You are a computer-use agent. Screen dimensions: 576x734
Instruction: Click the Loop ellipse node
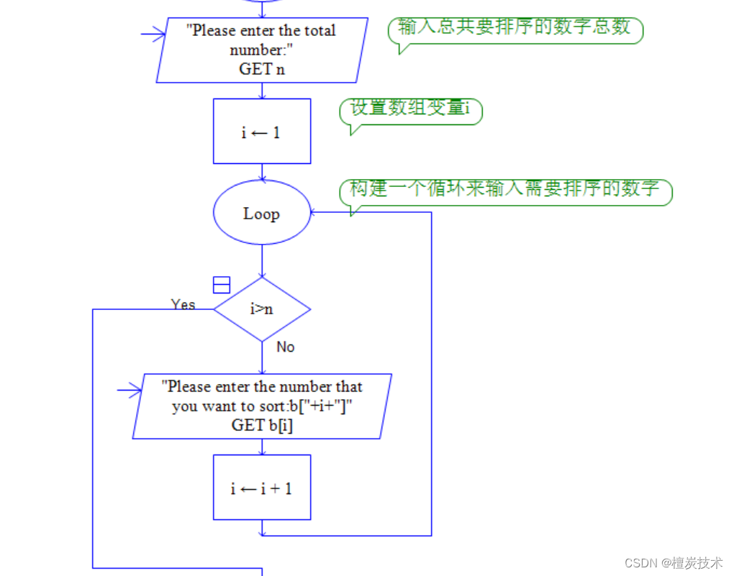262,213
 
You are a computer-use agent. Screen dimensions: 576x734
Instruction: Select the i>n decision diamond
262,309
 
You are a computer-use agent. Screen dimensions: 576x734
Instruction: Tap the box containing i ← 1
262,132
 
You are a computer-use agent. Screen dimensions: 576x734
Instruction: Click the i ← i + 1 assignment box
262,488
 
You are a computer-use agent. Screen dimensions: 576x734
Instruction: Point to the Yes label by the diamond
183,304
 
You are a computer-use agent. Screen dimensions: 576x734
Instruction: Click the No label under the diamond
286,347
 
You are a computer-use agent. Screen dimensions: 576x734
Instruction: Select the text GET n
261,69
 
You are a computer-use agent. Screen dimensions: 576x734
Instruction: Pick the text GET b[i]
262,425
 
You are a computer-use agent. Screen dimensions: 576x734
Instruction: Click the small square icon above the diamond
222,285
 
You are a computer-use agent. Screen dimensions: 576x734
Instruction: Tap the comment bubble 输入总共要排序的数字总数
515,29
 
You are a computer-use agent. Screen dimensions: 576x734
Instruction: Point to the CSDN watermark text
673,563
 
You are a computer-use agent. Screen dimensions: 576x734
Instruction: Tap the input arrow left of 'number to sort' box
130,390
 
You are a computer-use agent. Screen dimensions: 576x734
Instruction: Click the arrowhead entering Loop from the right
314,212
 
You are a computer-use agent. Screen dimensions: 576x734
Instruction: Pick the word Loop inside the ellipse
262,214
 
